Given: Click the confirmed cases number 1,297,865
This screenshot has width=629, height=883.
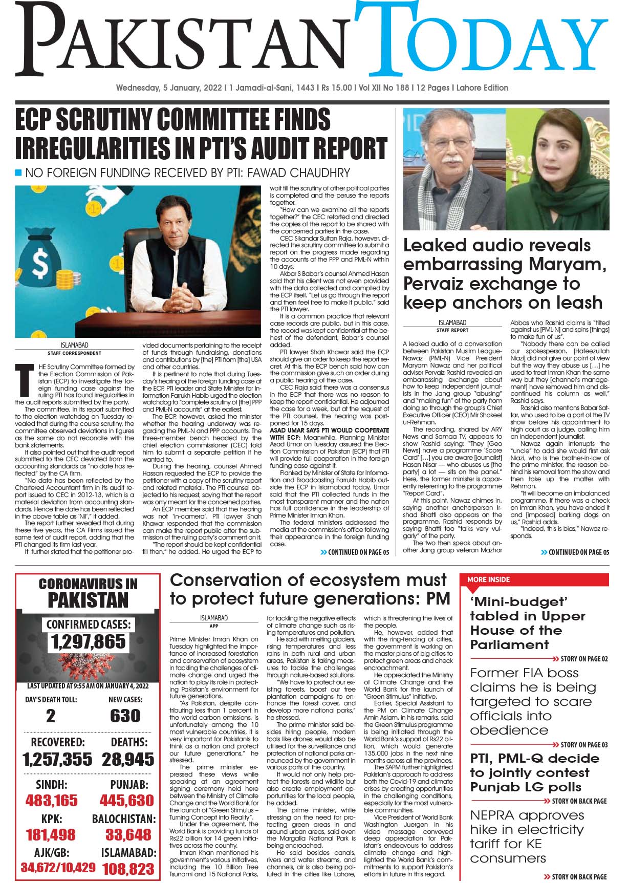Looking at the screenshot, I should click(88, 641).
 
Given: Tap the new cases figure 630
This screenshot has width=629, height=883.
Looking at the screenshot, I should click(125, 715).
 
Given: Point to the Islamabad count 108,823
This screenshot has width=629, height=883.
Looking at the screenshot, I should click(128, 869).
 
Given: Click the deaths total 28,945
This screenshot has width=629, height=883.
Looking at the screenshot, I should click(128, 759).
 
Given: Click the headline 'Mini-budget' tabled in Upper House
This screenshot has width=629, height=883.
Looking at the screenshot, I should click(527, 622).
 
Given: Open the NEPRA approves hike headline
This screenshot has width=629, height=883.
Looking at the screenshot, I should click(527, 836).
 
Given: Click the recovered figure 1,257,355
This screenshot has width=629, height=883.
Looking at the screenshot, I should click(58, 759).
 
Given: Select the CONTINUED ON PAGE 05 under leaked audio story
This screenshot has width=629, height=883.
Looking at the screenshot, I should click(575, 552).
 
